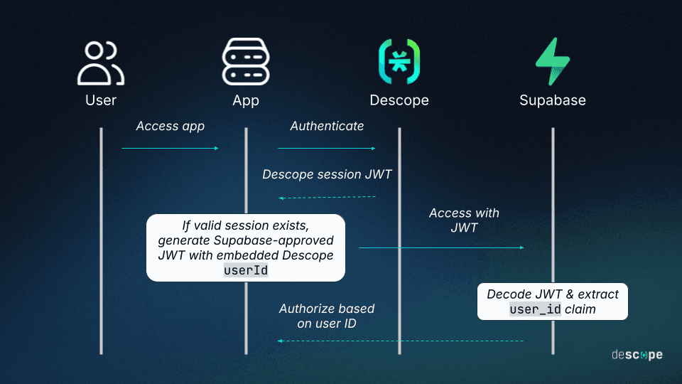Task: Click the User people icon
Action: pos(101,63)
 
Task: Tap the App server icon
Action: pos(246,63)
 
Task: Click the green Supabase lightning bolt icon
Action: pos(552,62)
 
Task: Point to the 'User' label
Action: pos(101,100)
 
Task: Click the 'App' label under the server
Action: pos(246,100)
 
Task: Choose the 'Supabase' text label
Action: pos(552,100)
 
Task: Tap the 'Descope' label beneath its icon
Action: pos(399,100)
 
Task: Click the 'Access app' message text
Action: pos(170,127)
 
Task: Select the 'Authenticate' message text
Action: pos(327,127)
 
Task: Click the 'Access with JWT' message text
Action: pos(464,220)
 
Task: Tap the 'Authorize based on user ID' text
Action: pos(326,316)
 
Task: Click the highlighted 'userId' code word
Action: pos(246,270)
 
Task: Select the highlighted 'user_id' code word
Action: pos(535,309)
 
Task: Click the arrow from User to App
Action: pos(170,148)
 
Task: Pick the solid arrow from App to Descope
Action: pos(326,148)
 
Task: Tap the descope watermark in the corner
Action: pos(637,355)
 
